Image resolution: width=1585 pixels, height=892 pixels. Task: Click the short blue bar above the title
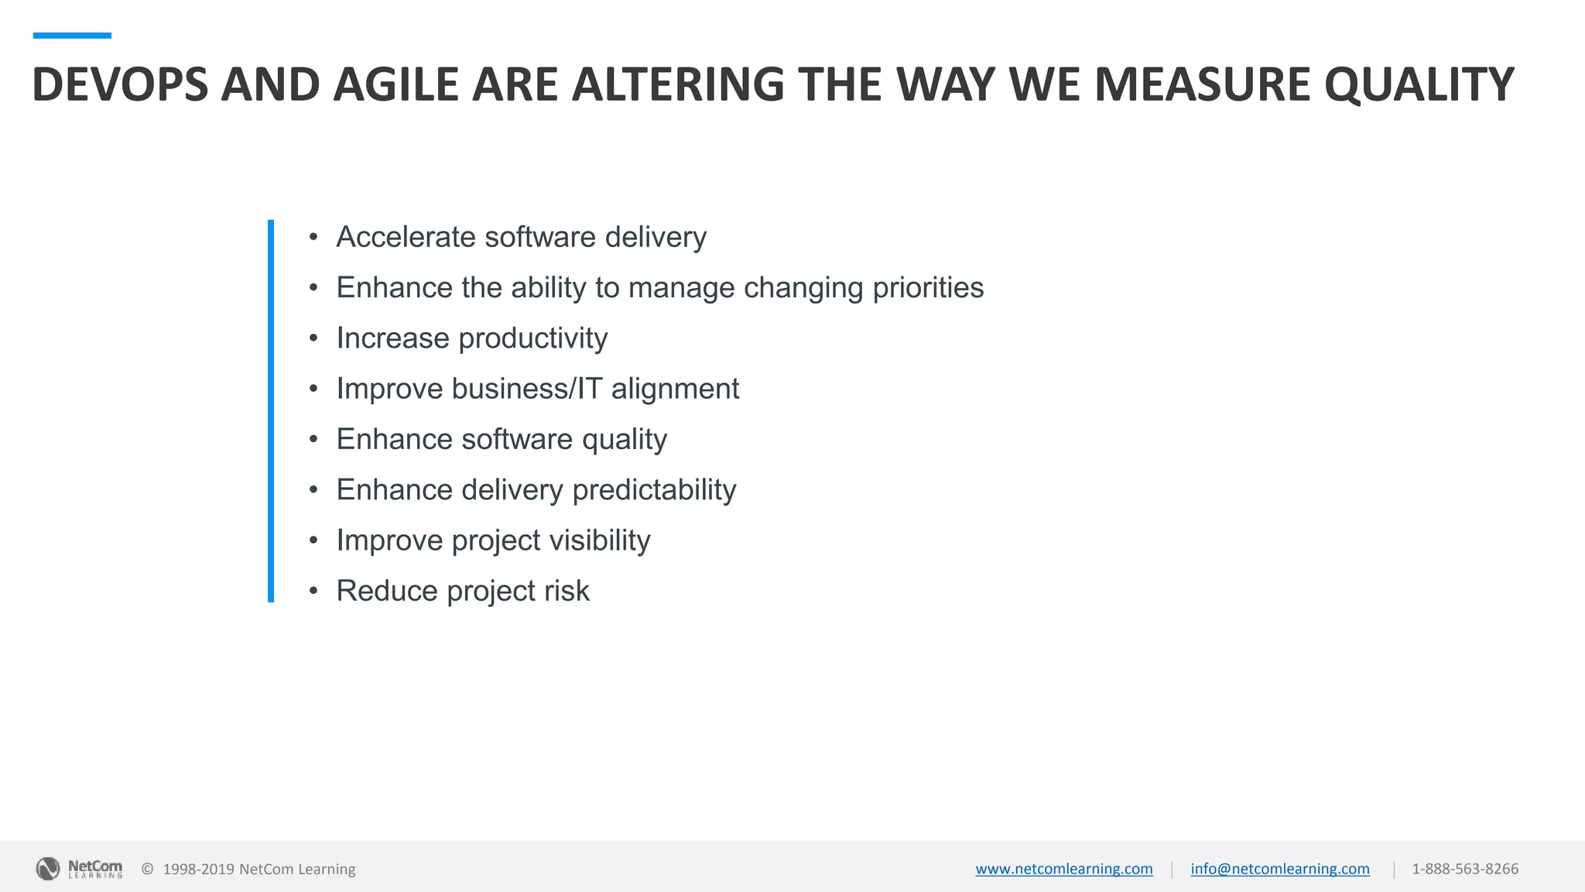point(72,36)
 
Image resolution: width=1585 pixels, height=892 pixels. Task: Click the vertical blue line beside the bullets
point(271,410)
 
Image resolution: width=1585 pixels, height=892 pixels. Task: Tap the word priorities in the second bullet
point(928,288)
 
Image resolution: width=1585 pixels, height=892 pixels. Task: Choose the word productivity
point(533,338)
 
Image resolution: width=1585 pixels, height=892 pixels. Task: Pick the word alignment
point(675,389)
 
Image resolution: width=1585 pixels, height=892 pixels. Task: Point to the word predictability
point(654,490)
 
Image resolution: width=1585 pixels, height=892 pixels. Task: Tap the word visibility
point(600,540)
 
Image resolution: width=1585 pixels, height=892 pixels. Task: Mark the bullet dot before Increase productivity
point(313,338)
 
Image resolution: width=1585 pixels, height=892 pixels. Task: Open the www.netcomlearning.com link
point(1063,869)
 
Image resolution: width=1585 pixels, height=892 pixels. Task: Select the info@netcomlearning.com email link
point(1279,869)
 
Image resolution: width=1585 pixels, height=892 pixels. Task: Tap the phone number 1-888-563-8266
point(1465,869)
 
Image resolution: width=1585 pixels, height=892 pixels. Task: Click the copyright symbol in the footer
point(147,869)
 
